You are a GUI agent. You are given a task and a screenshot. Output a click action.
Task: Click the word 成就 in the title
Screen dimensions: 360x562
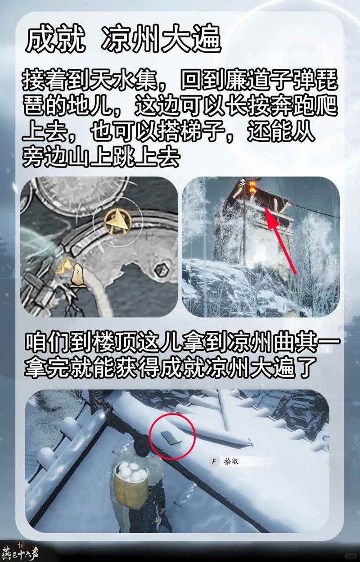[55, 40]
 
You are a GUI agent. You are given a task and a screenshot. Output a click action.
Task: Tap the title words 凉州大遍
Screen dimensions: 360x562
[161, 40]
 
